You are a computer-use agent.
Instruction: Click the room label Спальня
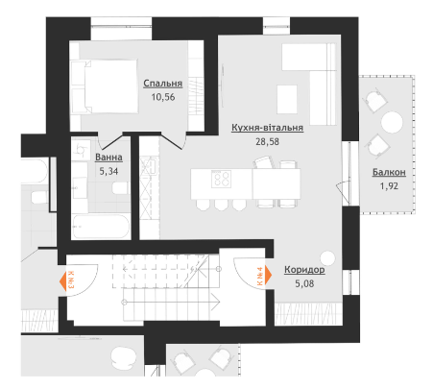pyautogui.click(x=162, y=84)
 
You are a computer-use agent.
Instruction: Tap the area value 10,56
pyautogui.click(x=163, y=97)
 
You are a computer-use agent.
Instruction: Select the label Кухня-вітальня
pyautogui.click(x=267, y=128)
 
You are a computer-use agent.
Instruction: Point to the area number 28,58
pyautogui.click(x=267, y=141)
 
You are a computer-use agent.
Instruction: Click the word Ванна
pyautogui.click(x=108, y=158)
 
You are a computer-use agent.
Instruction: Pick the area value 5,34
pyautogui.click(x=108, y=171)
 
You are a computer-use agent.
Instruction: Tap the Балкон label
pyautogui.click(x=389, y=172)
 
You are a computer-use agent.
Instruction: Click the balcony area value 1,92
pyautogui.click(x=389, y=186)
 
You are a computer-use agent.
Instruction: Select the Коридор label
pyautogui.click(x=304, y=270)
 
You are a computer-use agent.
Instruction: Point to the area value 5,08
pyautogui.click(x=304, y=283)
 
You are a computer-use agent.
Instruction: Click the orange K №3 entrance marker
pyautogui.click(x=67, y=280)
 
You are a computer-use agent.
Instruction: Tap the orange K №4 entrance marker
pyautogui.click(x=264, y=276)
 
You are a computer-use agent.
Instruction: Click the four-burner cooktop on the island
pyautogui.click(x=221, y=179)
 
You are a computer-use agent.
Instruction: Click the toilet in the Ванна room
pyautogui.click(x=120, y=188)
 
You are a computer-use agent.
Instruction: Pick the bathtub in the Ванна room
pyautogui.click(x=101, y=227)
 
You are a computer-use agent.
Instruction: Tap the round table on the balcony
pyautogui.click(x=392, y=122)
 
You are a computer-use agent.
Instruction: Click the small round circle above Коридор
pyautogui.click(x=327, y=258)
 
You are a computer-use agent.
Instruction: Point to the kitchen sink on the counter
pyautogui.click(x=149, y=166)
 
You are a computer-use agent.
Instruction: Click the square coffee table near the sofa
pyautogui.click(x=287, y=99)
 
